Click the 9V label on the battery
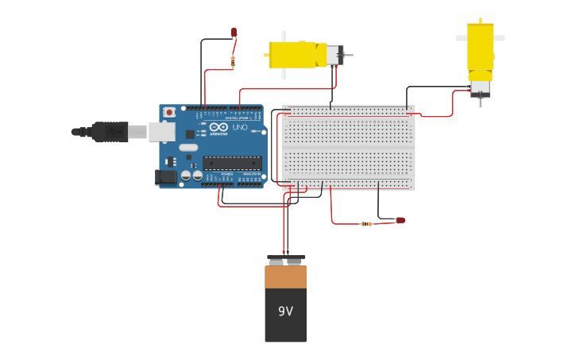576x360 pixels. tap(285, 312)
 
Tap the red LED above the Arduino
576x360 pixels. tap(234, 33)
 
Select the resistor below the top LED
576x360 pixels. tap(233, 60)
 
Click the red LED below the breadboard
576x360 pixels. tap(400, 220)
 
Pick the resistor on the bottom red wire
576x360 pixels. tap(366, 224)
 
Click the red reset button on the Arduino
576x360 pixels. tap(168, 112)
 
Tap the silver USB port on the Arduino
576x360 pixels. tap(161, 131)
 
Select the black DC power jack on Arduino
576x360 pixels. tap(166, 177)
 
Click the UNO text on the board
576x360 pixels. tap(239, 127)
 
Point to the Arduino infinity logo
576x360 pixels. tap(219, 127)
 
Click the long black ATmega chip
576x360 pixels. tap(232, 162)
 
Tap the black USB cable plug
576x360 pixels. tap(110, 131)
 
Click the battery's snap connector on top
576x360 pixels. tap(285, 259)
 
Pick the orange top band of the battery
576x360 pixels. tap(285, 277)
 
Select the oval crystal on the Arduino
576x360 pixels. tap(188, 148)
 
